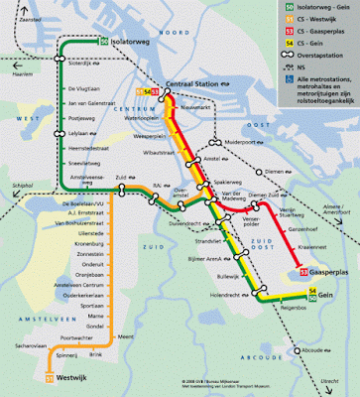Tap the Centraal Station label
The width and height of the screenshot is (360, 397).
194,85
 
